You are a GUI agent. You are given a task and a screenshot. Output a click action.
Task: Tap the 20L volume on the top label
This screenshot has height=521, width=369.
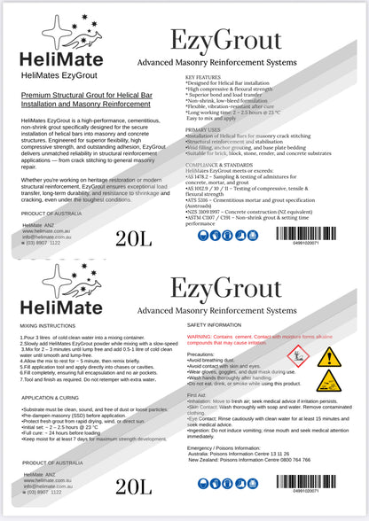[133, 237]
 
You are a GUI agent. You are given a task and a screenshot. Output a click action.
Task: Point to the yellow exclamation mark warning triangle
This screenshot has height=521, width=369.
[328, 356]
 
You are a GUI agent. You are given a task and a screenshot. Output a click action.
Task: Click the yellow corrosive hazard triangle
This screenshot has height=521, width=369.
[328, 381]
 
